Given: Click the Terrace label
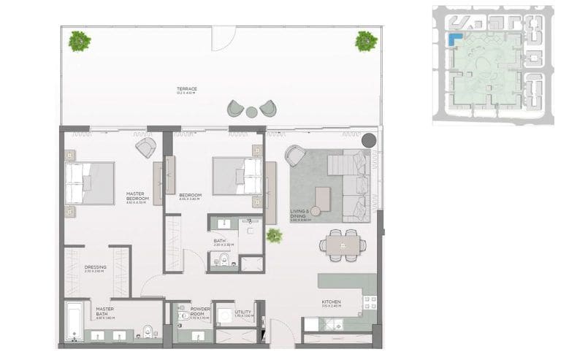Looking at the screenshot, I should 186,90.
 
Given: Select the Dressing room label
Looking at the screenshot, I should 96,269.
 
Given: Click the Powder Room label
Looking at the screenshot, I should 199,313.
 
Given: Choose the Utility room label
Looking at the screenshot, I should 243,313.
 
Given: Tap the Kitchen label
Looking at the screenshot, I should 332,304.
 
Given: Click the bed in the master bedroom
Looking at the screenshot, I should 88,183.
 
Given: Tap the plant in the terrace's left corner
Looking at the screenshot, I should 79,41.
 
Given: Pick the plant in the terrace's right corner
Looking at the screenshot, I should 366,41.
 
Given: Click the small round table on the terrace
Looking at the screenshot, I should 251,112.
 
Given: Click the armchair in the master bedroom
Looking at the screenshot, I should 145,148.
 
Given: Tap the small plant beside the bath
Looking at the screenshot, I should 274,235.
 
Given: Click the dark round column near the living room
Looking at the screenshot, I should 370,140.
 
